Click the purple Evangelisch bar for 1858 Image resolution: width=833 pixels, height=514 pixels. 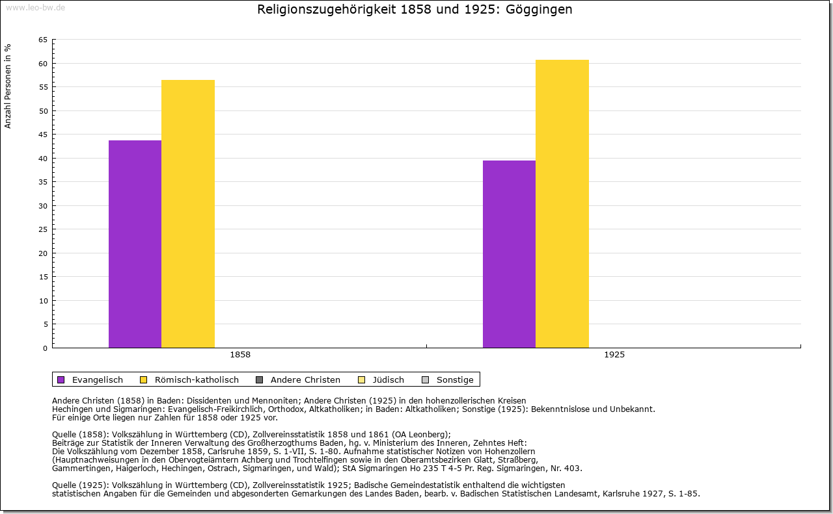click(135, 244)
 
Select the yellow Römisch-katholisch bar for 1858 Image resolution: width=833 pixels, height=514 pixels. click(188, 214)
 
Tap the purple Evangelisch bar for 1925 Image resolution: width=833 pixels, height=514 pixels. click(509, 254)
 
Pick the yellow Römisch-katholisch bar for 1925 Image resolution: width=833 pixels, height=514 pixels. click(562, 203)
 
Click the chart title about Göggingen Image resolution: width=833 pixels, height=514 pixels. click(415, 10)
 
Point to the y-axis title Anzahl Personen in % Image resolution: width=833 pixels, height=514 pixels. click(8, 86)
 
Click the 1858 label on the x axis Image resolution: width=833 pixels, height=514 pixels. click(240, 355)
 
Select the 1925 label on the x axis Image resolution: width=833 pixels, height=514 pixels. click(614, 355)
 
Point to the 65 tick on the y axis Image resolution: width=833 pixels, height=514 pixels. click(42, 40)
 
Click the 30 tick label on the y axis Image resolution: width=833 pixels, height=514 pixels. click(42, 206)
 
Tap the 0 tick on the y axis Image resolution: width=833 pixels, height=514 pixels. click(45, 348)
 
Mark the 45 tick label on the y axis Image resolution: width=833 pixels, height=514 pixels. click(42, 135)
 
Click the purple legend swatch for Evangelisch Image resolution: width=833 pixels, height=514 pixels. click(61, 380)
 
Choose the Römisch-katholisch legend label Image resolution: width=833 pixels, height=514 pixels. click(197, 380)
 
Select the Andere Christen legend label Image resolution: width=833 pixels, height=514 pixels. click(305, 380)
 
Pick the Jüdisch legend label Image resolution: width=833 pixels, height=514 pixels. click(389, 380)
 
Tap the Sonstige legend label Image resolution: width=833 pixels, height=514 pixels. click(455, 380)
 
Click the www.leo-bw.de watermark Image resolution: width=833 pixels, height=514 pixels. click(35, 8)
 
